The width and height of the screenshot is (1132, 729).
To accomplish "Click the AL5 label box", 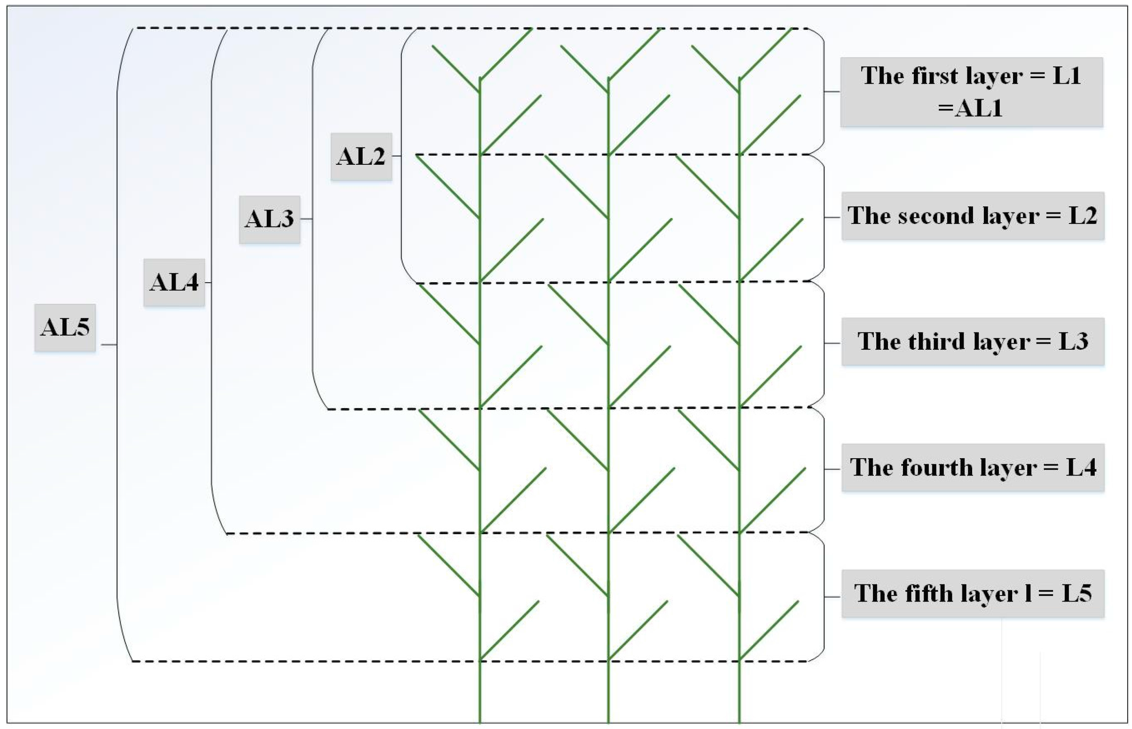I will [65, 327].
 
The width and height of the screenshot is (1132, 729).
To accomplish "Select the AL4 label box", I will [174, 283].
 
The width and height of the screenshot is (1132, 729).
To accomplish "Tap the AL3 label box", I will [269, 219].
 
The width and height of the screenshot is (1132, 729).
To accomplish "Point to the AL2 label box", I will [361, 156].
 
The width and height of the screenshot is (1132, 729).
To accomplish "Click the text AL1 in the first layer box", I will [978, 109].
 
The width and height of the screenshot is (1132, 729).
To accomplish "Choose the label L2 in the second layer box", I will [1083, 216].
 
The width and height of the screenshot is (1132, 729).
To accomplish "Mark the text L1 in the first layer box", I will [1067, 76].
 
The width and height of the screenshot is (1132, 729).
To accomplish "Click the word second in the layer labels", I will [937, 216].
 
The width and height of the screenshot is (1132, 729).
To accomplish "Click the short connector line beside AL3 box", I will [306, 219].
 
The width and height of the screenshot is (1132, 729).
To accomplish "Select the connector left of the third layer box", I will [833, 343].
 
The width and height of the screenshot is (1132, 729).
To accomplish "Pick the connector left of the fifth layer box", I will [833, 597].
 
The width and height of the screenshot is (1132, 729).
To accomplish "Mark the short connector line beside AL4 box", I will [208, 283].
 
